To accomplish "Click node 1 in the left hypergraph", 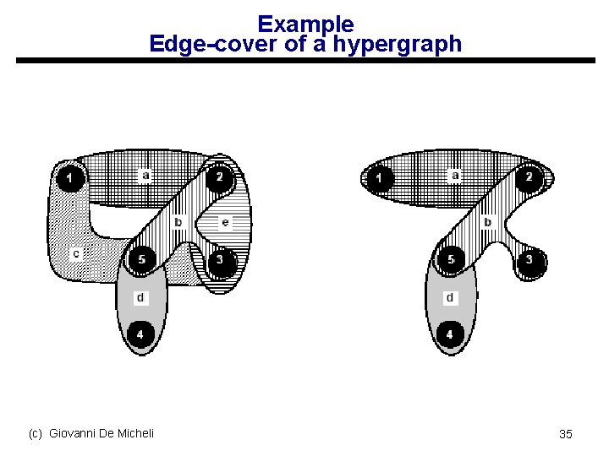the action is click(x=70, y=178).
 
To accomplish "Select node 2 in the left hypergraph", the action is click(x=219, y=177).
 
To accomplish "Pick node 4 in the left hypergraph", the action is click(x=140, y=335).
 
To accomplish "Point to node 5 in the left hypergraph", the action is click(x=141, y=259).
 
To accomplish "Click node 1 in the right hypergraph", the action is click(x=380, y=178).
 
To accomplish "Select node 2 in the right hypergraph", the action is click(x=529, y=177).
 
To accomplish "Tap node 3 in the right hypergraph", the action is click(x=529, y=259).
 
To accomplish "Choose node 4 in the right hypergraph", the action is click(x=449, y=335).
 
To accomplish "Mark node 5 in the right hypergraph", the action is click(x=451, y=259).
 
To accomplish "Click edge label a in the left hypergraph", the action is click(x=145, y=176).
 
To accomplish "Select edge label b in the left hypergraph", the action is click(x=178, y=223).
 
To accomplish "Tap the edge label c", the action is click(x=76, y=253).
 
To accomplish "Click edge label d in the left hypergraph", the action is click(x=140, y=297).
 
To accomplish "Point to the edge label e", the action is click(x=224, y=223).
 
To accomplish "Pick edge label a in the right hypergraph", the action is click(x=455, y=176).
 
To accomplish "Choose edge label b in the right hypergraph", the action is click(x=487, y=223).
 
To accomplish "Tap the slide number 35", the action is click(x=566, y=434).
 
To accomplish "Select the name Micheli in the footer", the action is click(x=134, y=433).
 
